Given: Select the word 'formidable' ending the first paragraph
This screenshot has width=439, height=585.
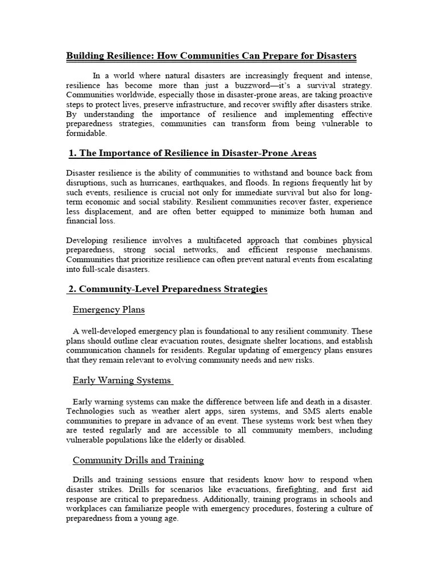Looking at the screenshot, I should click(x=86, y=133).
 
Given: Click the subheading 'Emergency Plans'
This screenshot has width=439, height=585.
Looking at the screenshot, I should click(x=109, y=310).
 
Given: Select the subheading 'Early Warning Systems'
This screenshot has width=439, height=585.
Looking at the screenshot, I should click(x=122, y=380).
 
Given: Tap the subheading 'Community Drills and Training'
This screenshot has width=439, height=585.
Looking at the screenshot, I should click(x=138, y=460).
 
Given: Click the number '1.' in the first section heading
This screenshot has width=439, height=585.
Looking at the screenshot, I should click(x=73, y=153).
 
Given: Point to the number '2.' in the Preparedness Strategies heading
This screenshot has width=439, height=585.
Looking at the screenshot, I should click(x=73, y=289).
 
